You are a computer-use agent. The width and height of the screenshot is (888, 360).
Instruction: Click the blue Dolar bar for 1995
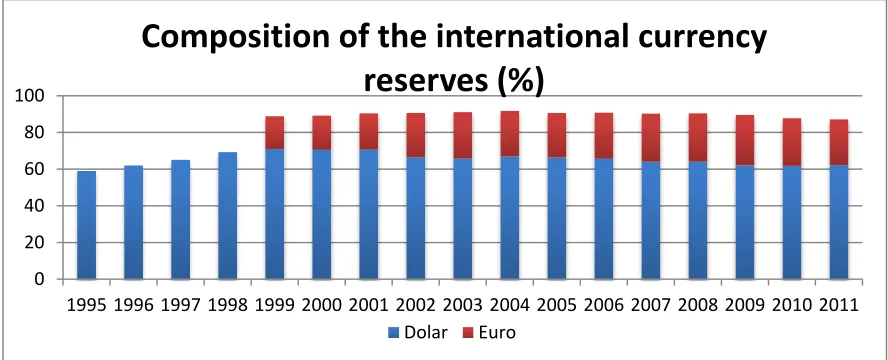tap(86, 225)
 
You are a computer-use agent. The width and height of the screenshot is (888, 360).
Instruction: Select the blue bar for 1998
tap(227, 216)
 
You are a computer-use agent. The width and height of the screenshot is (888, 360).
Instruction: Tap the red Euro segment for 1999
tap(275, 132)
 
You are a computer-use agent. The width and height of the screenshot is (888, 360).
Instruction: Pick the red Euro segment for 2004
tap(510, 134)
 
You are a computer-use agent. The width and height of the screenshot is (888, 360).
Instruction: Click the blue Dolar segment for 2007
tap(651, 220)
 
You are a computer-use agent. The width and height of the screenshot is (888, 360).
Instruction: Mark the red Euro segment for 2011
tap(839, 142)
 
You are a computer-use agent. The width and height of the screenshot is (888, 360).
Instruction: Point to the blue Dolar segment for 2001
tap(369, 214)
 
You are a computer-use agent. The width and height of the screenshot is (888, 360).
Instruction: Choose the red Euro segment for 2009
tap(745, 140)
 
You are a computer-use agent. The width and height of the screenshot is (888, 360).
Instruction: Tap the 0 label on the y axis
tap(39, 279)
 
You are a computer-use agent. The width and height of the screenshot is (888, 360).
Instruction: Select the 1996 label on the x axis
tap(133, 306)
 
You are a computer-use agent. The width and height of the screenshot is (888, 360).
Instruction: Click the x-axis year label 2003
tap(463, 306)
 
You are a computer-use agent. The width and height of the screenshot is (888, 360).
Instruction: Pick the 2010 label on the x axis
tap(792, 306)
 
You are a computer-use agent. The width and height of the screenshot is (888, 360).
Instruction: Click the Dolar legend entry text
tap(425, 332)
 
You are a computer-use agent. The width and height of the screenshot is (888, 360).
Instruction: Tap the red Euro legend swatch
tap(468, 333)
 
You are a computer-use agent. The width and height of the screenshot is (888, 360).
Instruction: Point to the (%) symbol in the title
tap(520, 80)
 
